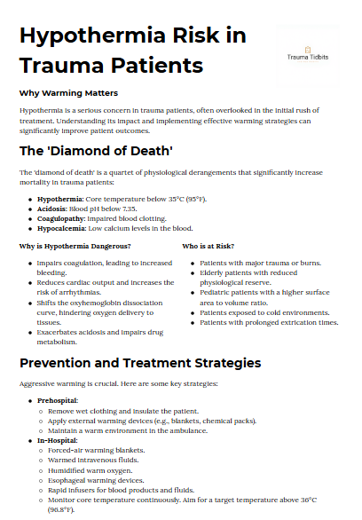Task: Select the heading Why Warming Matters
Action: pos(68,92)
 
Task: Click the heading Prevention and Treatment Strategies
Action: pos(140,363)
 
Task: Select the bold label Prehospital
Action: pos(58,401)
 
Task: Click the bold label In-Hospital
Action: pos(58,440)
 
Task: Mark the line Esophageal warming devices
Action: pos(91,479)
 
